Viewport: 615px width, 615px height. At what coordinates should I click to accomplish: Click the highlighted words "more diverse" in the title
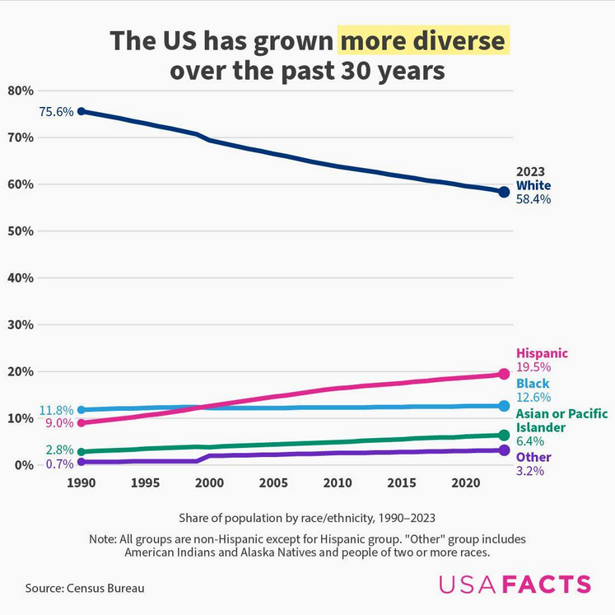[422, 40]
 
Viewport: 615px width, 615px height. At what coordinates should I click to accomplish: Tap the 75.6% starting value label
[56, 112]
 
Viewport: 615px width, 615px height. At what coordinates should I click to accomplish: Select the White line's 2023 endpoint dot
[505, 192]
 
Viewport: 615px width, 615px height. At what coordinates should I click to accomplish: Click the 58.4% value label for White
[533, 198]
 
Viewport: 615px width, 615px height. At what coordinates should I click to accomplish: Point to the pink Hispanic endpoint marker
[505, 375]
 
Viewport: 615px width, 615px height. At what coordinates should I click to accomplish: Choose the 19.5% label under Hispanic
[533, 367]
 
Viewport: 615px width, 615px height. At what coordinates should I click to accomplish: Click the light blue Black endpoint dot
[505, 406]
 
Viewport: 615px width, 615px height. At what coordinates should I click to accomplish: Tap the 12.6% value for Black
[533, 398]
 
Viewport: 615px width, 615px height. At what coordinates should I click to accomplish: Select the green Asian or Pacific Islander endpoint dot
[505, 435]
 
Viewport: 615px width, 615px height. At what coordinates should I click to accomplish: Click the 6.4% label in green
[530, 442]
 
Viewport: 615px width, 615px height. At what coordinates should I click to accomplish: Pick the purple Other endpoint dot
[505, 450]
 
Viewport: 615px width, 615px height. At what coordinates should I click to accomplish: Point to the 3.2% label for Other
[530, 471]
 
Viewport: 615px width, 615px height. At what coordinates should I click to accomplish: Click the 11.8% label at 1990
[56, 410]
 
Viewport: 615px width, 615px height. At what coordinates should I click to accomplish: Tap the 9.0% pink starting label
[58, 423]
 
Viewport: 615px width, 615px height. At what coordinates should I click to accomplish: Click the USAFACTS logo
[515, 585]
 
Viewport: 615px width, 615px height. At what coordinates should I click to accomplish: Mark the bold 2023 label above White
[530, 172]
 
